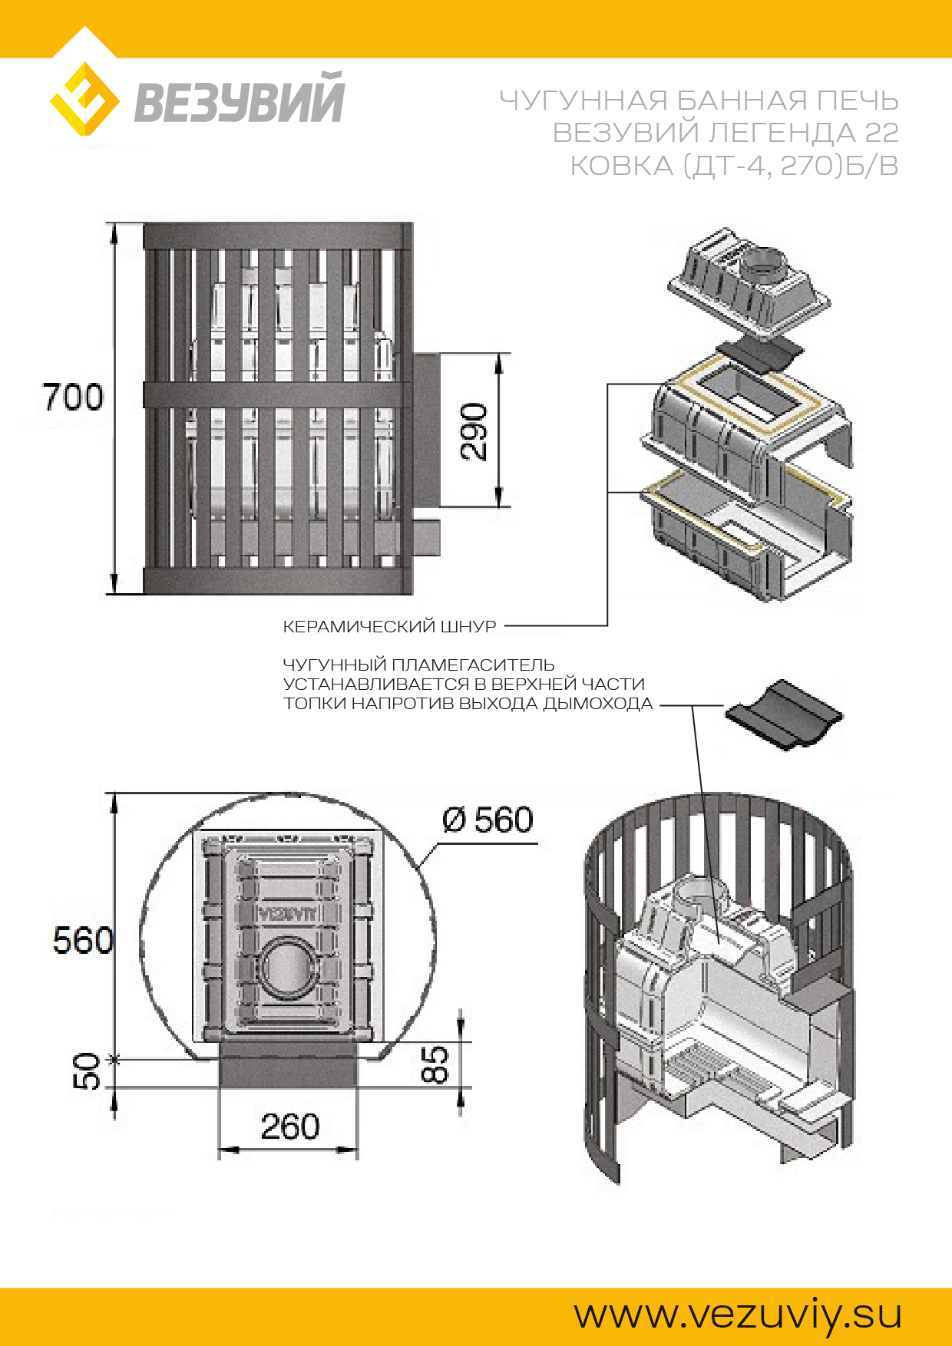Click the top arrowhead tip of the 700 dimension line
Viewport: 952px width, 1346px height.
tap(114, 223)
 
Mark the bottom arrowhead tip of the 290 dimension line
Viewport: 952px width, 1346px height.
tap(499, 506)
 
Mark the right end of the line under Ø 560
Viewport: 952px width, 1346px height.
tap(537, 843)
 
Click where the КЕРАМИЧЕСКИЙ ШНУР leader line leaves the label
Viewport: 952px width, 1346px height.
tap(505, 626)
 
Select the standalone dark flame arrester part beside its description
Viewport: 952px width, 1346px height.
tap(783, 714)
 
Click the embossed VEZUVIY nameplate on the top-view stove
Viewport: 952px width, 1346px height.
tap(287, 913)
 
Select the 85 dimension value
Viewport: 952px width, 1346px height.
tap(435, 1064)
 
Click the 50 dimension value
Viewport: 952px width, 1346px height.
tap(87, 1071)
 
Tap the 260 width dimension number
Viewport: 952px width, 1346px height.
tap(289, 1126)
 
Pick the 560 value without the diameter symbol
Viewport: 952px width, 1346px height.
tap(83, 940)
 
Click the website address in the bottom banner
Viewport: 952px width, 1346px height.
tap(738, 1315)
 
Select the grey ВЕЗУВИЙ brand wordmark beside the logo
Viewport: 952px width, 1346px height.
tap(240, 97)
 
